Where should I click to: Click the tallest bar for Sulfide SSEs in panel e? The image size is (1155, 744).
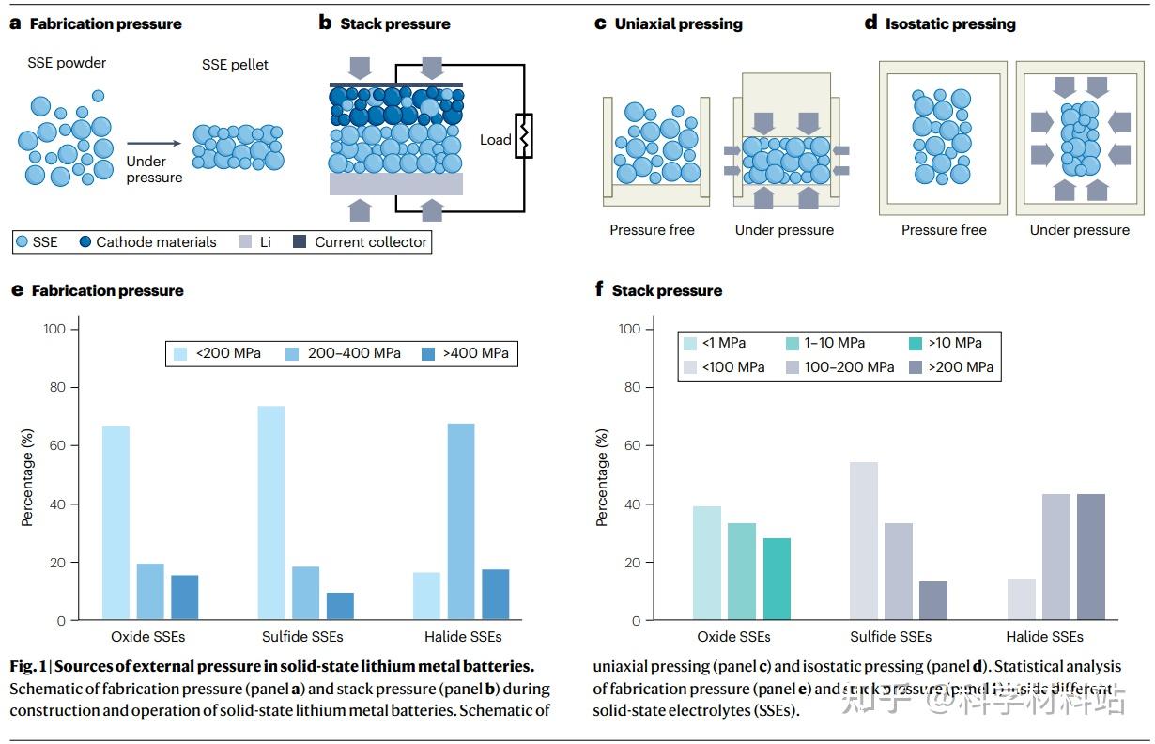coord(270,513)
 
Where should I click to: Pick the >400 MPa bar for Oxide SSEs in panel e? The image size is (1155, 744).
coord(184,597)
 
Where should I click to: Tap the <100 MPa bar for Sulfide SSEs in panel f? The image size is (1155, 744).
coord(863,541)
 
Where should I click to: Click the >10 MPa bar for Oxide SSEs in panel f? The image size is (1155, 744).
coord(777,579)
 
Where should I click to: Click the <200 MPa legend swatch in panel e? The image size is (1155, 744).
coord(181,353)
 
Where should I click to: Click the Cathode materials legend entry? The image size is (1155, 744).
coord(155,242)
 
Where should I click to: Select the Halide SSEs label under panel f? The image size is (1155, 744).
coord(1044,637)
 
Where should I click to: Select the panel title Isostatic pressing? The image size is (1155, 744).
coord(950,23)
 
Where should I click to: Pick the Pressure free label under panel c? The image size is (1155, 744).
coord(652,230)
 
